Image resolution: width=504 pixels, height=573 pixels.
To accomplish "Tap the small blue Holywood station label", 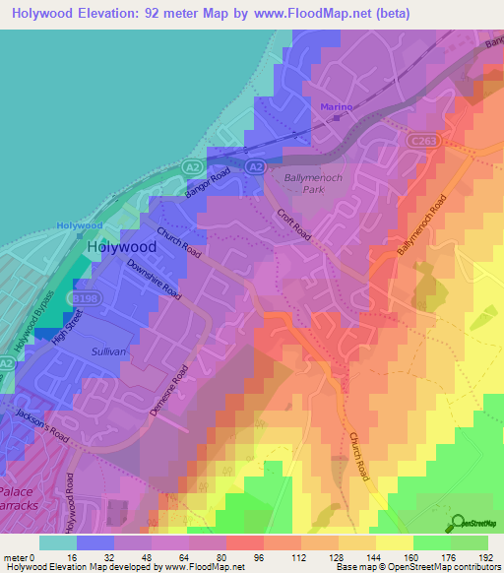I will coord(80,225).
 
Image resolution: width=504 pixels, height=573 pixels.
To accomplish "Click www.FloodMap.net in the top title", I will coord(309,13).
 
